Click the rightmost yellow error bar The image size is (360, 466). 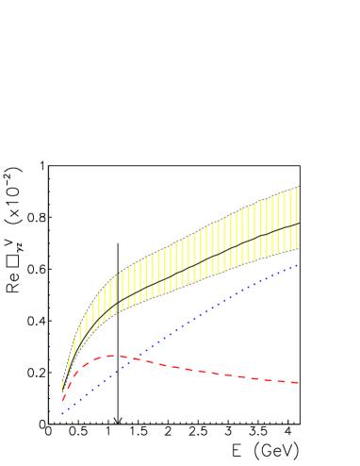click(296, 219)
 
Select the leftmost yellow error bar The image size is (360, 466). click(62, 386)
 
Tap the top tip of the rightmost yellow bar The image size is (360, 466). click(296, 188)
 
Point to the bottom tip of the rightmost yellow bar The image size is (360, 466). click(296, 250)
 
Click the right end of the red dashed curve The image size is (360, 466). click(299, 382)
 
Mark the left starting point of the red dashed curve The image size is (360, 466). click(62, 401)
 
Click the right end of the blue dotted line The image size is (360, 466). click(298, 265)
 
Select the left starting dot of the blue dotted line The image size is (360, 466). click(62, 413)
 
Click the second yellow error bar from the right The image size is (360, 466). click(290, 222)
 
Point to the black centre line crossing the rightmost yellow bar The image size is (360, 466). click(296, 225)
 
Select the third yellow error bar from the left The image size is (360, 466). click(74, 347)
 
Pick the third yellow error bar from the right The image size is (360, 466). click(285, 224)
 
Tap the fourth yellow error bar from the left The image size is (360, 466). click(80, 335)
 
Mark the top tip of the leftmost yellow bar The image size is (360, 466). click(62, 380)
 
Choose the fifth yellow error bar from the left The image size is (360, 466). click(86, 325)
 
